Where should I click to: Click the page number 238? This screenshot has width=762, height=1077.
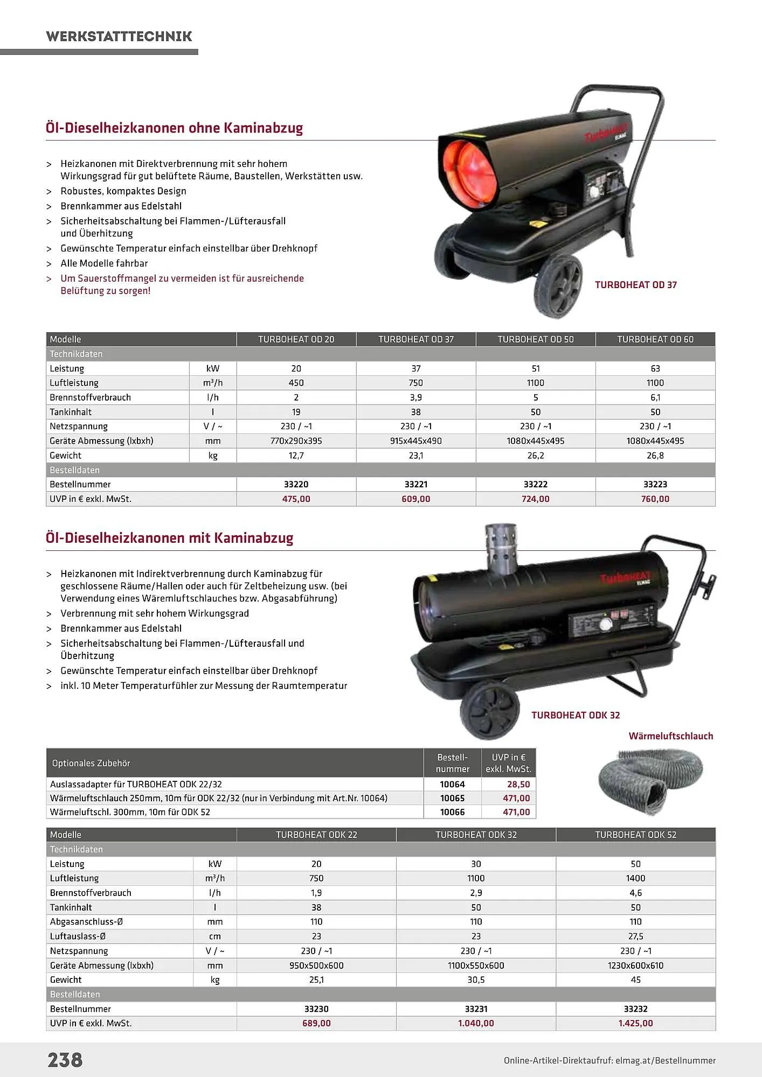[65, 1060]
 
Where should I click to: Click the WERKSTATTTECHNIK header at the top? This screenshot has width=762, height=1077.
[119, 36]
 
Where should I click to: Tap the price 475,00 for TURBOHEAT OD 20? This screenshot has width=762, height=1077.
[296, 499]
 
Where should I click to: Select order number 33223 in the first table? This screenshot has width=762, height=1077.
[655, 484]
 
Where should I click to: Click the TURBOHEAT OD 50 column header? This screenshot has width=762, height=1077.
[535, 339]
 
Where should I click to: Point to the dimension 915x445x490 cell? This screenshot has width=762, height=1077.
[415, 440]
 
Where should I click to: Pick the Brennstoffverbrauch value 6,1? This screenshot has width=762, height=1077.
[655, 397]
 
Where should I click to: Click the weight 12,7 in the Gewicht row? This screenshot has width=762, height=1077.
[296, 455]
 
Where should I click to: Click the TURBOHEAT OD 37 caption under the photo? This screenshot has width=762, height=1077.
[635, 285]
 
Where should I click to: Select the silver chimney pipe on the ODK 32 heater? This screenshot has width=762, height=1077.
[501, 549]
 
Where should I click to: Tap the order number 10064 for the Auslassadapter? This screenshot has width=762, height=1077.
[452, 784]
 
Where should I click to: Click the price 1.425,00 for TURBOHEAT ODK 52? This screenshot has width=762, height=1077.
[635, 1023]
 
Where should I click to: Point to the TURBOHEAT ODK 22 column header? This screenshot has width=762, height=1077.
[316, 835]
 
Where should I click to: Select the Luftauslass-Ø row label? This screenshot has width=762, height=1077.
[78, 936]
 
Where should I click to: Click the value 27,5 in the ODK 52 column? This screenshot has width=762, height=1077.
[635, 936]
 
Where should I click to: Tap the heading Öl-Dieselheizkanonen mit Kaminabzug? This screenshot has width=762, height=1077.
[169, 538]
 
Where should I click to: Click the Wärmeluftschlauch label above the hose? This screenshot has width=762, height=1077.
[670, 736]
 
